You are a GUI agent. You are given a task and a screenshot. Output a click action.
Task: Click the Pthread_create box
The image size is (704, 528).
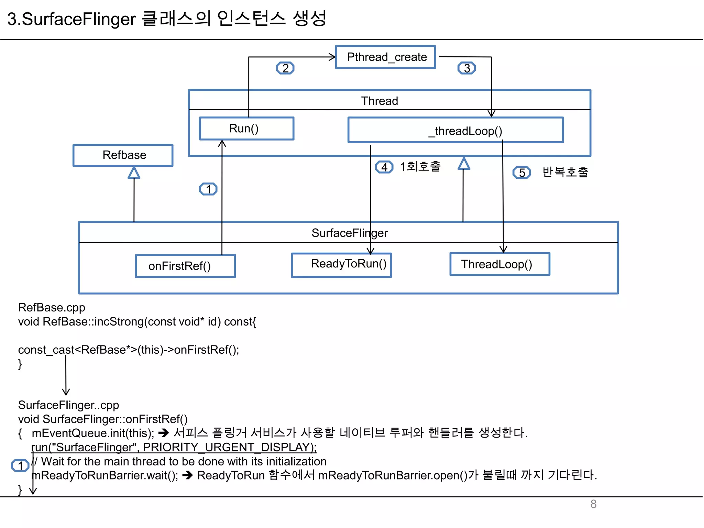coord(385,57)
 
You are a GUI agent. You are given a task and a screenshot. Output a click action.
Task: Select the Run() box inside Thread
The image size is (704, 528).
coord(246,129)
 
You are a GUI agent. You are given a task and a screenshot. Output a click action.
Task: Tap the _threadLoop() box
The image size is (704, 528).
coord(455,130)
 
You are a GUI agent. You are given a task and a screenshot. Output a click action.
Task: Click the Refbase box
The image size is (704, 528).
coord(123,155)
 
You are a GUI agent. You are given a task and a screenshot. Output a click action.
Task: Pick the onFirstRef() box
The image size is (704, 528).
coord(185,266)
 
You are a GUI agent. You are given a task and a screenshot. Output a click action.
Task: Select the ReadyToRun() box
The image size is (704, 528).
coord(341,265)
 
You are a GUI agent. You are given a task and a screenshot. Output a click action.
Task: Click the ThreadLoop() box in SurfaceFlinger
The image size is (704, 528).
coord(499,264)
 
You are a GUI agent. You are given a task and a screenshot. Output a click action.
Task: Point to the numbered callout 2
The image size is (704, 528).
coord(285,68)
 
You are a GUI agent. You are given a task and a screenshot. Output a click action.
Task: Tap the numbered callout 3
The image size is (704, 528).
coord(466,68)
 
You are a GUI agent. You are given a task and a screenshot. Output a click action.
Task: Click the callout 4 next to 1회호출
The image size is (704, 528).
coord(384,167)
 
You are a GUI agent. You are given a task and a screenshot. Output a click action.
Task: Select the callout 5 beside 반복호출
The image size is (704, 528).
coord(521,173)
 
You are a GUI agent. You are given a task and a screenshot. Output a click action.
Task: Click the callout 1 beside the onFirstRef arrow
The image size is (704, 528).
coord(208,189)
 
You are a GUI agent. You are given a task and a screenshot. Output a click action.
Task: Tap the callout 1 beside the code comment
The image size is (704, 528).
coord(20,465)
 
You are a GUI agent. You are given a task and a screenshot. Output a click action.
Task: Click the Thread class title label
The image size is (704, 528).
coord(379,101)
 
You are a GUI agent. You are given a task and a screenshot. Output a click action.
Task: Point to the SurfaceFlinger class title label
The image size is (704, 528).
coord(349,233)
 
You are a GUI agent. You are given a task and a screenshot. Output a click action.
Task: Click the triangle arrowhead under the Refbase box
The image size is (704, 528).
coord(134,173)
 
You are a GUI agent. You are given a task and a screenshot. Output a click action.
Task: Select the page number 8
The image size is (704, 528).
coord(593,504)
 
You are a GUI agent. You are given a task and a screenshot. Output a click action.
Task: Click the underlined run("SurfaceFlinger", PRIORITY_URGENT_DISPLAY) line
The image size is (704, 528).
coord(174,447)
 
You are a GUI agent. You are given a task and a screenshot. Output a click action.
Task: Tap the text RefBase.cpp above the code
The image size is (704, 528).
coord(52,307)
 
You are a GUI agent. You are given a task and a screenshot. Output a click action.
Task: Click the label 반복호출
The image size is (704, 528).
coord(565,172)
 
